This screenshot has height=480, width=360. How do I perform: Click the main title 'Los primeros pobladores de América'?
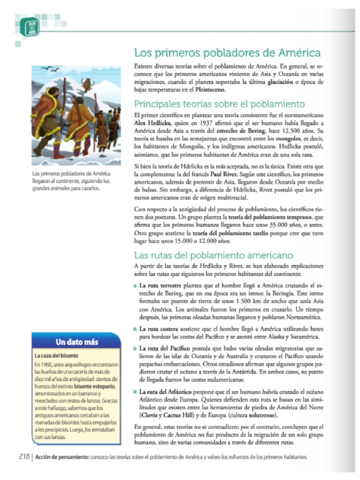pos(227,52)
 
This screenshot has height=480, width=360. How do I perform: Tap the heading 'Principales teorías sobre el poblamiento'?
pos(219,104)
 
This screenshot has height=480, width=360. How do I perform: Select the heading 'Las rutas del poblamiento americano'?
pos(214,255)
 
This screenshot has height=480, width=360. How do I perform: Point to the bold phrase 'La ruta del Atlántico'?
pos(167,391)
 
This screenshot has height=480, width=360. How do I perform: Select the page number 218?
pos(24,457)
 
